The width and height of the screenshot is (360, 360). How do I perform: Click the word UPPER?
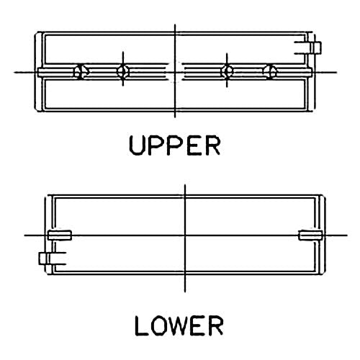174,145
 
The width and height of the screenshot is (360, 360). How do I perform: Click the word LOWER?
179,325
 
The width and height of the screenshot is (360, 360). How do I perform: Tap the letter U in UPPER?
137,145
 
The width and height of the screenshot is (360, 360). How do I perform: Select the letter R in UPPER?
212,145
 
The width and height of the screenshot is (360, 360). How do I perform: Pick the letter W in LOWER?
178,325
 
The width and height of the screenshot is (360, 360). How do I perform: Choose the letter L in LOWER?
141,325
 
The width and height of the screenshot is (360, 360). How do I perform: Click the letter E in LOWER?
199,325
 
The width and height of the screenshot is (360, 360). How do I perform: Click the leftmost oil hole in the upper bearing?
79,71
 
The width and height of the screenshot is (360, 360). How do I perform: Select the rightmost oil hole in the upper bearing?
270,71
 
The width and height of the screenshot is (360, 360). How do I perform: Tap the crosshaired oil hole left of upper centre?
122,71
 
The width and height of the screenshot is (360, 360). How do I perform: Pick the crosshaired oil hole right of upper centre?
227,71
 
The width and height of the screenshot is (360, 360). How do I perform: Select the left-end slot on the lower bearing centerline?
59,235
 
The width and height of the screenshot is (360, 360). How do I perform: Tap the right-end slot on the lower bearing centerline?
310,235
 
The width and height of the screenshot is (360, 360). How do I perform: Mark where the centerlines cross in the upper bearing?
175,72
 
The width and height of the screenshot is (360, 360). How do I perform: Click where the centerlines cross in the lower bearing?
185,235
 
